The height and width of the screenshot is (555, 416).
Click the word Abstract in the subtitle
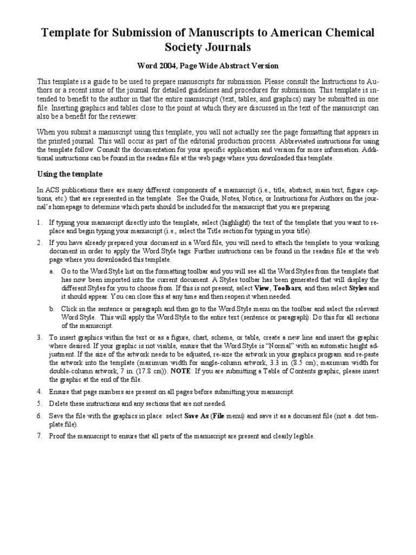pyautogui.click(x=236, y=66)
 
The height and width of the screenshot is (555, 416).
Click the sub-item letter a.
pyautogui.click(x=51, y=270)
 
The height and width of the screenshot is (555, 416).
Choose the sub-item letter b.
pyautogui.click(x=51, y=309)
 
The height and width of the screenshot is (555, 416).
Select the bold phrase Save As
pyautogui.click(x=196, y=416)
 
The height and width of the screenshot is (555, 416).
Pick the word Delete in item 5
pyautogui.click(x=60, y=404)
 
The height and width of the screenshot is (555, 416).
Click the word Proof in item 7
pyautogui.click(x=58, y=436)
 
